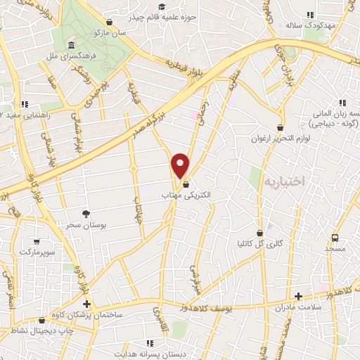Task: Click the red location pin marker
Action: click(181, 165)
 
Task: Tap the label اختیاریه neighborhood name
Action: click(285, 181)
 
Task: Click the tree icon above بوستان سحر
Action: click(86, 213)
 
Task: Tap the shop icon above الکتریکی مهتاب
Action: click(186, 184)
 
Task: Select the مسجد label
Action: click(335, 249)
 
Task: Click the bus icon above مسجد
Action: click(335, 238)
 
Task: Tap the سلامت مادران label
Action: click(298, 307)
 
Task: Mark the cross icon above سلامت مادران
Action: click(298, 296)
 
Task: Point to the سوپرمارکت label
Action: click(37, 251)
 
